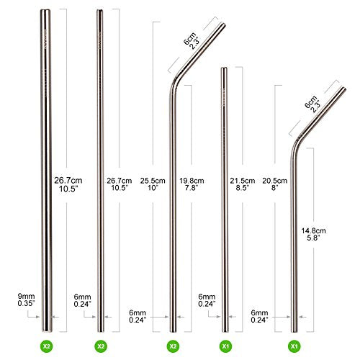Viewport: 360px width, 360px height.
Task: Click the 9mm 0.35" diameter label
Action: tap(26, 300)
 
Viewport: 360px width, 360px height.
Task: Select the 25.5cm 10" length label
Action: tap(153, 184)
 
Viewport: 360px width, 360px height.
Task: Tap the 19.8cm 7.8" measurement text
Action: tap(192, 184)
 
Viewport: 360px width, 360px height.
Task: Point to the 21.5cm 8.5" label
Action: tap(242, 184)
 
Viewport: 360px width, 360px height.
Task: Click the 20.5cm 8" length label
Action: tap(274, 184)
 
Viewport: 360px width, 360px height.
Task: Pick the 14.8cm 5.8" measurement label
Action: tap(313, 234)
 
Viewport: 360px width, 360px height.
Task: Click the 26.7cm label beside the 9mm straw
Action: tap(68, 180)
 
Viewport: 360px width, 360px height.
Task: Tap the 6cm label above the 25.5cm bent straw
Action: tap(189, 38)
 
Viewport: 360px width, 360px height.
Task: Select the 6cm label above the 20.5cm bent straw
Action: tap(310, 102)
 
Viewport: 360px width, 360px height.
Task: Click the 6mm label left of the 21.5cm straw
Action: tap(207, 297)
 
